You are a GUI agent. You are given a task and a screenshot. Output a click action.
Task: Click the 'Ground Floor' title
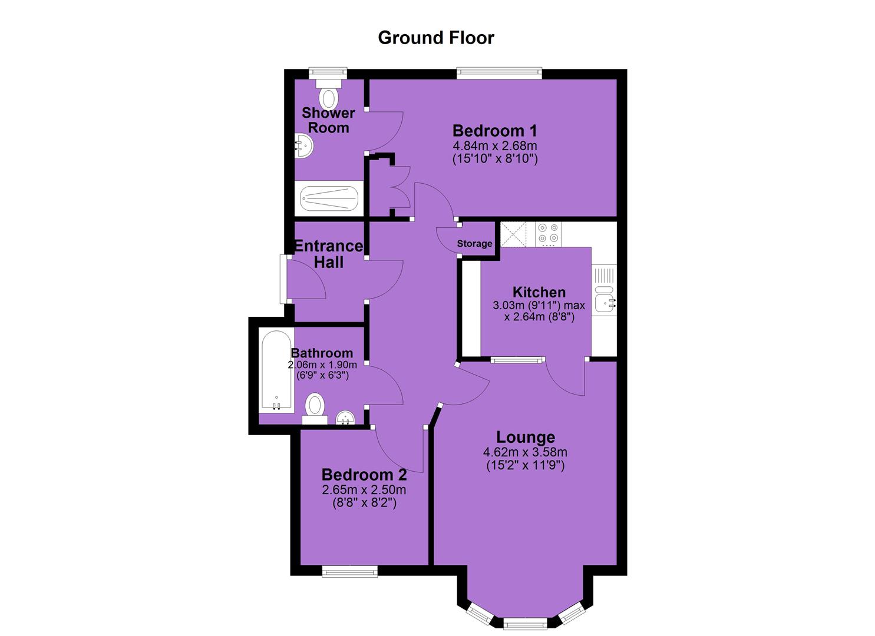436,38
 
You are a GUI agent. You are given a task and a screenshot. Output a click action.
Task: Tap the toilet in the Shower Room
329,94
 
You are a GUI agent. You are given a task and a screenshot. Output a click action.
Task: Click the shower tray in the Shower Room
329,198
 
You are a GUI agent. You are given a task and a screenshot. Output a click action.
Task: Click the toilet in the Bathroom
315,408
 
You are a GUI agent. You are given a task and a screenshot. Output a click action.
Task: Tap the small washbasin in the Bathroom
345,418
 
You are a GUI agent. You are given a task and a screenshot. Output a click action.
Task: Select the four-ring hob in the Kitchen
549,234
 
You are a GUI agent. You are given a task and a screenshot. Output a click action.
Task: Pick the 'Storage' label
474,244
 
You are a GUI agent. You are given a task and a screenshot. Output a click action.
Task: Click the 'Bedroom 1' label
494,130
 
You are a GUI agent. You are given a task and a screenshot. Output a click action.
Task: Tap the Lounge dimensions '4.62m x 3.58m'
525,452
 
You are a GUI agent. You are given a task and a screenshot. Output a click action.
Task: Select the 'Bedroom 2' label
364,475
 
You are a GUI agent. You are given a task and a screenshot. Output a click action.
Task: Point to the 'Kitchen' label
539,292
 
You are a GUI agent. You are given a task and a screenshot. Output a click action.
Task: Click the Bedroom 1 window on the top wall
499,73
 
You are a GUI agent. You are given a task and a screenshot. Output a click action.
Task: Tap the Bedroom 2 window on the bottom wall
350,572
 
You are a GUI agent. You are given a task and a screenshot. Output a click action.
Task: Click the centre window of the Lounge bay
524,622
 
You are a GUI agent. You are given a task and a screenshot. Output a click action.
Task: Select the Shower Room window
328,72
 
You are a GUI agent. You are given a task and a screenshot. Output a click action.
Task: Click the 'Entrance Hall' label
329,254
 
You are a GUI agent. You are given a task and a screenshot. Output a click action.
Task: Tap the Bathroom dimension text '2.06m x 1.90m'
322,365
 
